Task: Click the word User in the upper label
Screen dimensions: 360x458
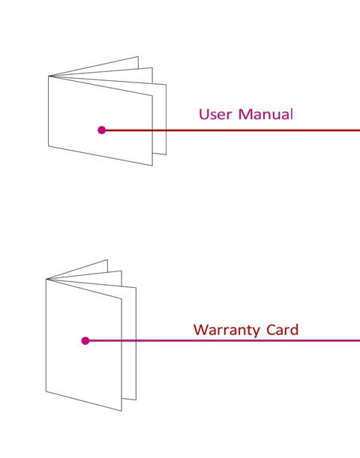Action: click(215, 114)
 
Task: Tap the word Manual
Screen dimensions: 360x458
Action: click(265, 114)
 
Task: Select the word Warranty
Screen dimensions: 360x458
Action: click(226, 331)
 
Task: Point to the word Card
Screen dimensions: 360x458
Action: click(282, 330)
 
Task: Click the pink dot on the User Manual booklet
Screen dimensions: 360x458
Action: click(102, 130)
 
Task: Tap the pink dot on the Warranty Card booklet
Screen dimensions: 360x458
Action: click(85, 340)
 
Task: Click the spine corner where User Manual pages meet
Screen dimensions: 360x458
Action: click(49, 76)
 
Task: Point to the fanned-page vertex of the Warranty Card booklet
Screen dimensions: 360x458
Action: click(46, 279)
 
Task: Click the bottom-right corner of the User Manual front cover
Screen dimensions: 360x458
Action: click(152, 166)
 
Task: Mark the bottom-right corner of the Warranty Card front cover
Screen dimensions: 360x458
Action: click(121, 411)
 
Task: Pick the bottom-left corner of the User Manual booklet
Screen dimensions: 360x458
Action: click(49, 146)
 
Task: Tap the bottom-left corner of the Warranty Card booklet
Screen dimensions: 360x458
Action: click(46, 391)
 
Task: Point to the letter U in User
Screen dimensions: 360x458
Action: click(203, 114)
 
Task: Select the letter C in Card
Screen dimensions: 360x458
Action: click(271, 330)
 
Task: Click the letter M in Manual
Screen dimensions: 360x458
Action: click(244, 114)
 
